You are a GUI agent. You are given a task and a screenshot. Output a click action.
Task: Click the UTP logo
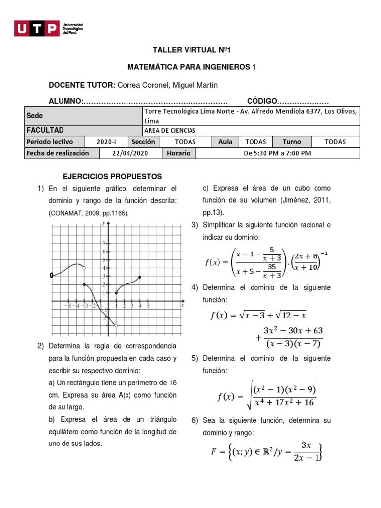tap(48, 28)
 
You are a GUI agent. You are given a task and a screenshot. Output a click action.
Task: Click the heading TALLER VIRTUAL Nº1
tap(191, 51)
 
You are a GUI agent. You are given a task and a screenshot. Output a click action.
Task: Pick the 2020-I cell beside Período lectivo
tap(106, 142)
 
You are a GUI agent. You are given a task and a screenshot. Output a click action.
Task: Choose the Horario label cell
tap(179, 153)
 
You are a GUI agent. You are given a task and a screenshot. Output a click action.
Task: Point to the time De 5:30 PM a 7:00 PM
tap(277, 153)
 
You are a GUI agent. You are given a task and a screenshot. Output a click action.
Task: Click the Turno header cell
tap(292, 142)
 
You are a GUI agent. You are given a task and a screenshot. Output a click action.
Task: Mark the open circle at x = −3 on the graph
tap(84, 268)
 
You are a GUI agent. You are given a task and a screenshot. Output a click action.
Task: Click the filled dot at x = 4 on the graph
tap(140, 277)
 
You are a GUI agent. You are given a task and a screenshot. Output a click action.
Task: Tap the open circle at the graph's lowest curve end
tap(116, 326)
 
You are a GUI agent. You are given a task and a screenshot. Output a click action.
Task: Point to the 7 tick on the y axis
tap(104, 243)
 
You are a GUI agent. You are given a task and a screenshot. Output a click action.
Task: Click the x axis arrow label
tap(182, 306)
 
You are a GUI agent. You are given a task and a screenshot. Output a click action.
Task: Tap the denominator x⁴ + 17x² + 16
tap(284, 402)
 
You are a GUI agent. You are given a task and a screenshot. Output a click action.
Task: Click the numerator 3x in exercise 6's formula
tap(306, 444)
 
